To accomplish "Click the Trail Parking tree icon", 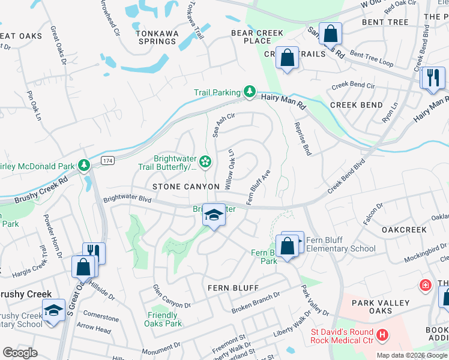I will (x=250, y=92).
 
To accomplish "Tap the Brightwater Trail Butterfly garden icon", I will (x=205, y=161).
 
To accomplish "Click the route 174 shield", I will (x=107, y=161).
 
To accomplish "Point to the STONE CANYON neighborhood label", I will (x=185, y=187).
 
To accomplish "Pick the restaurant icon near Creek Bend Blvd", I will (x=432, y=78).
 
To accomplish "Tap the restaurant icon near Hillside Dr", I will (x=94, y=252).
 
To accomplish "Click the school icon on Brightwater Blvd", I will (x=213, y=215).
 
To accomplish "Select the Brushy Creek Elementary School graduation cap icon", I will (x=53, y=310).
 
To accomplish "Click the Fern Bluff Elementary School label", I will (x=340, y=244).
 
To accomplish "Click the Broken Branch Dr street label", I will (x=256, y=304).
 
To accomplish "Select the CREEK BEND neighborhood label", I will (x=356, y=105).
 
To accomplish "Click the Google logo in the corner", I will (x=20, y=353).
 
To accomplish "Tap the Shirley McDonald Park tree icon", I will (x=85, y=166).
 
